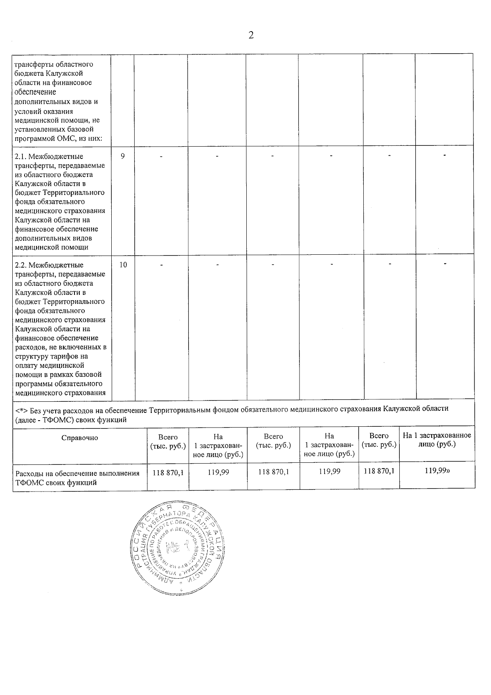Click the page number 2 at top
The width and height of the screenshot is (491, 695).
click(251, 36)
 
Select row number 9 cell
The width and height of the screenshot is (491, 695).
click(122, 156)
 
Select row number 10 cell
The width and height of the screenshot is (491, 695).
click(123, 265)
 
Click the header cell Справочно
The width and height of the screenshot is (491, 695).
click(80, 438)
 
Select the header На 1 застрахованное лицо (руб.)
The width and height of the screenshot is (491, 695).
click(437, 440)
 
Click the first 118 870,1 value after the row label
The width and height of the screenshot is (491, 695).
click(168, 472)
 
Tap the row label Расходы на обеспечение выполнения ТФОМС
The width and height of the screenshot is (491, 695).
click(77, 478)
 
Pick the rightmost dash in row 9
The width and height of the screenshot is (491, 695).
click(444, 155)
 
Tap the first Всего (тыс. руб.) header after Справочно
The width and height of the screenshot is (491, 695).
click(168, 441)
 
